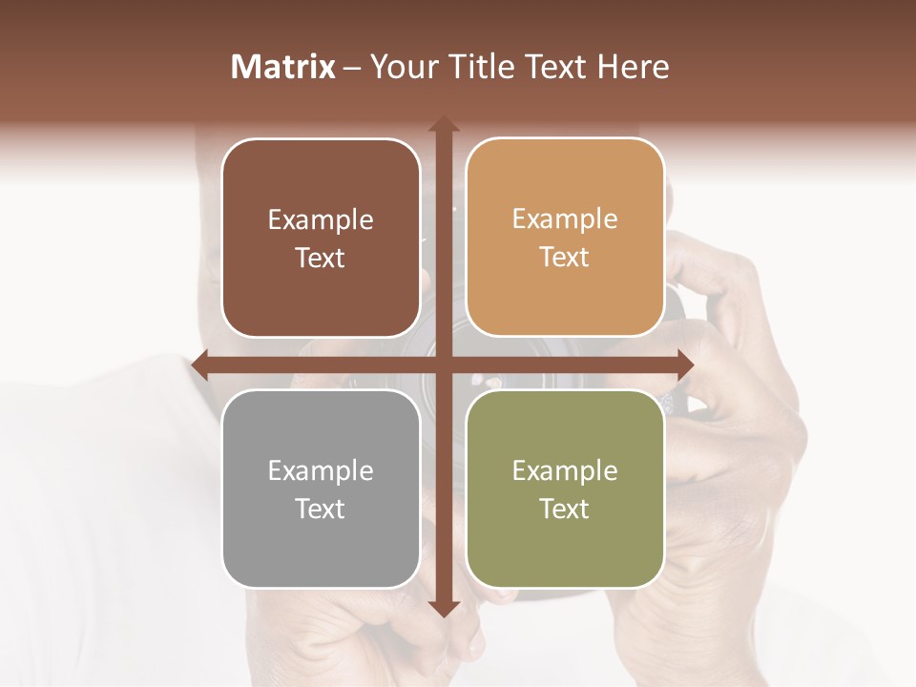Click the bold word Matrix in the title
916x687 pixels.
pyautogui.click(x=283, y=67)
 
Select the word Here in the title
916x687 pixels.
pyautogui.click(x=634, y=67)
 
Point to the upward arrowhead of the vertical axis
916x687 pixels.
pyautogui.click(x=443, y=124)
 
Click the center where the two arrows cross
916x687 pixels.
pyautogui.click(x=443, y=364)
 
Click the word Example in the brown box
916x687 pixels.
pyautogui.click(x=321, y=220)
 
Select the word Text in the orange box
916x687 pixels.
pyautogui.click(x=565, y=258)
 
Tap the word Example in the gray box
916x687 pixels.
pyautogui.click(x=321, y=471)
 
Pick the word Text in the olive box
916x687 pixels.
pyautogui.click(x=565, y=509)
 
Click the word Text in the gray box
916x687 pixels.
pyautogui.click(x=321, y=509)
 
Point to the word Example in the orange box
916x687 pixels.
pyautogui.click(x=565, y=219)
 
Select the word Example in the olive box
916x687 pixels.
pyautogui.click(x=565, y=471)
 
